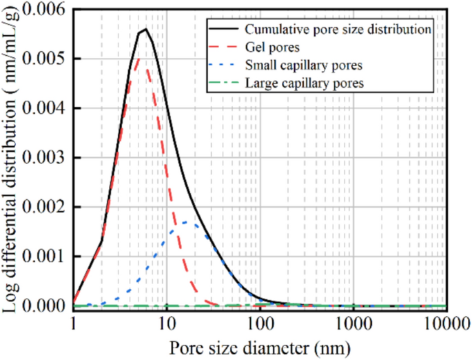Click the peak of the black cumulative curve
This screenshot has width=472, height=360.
[145, 29]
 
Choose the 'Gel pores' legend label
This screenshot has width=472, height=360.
[270, 48]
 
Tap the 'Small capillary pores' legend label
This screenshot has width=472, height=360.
[304, 66]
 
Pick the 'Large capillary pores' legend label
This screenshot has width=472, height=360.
[304, 83]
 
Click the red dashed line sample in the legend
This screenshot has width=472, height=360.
[224, 48]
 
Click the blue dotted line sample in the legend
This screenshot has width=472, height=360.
[224, 66]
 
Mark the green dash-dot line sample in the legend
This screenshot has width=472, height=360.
[224, 83]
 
